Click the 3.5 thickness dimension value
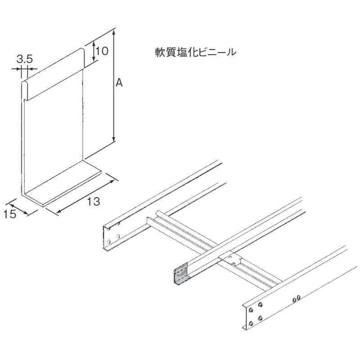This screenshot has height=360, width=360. [24, 58]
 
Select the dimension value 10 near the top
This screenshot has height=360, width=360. [102, 51]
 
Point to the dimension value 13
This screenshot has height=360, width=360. [93, 202]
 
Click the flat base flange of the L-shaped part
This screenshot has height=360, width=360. [63, 185]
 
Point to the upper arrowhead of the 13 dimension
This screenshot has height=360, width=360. [110, 181]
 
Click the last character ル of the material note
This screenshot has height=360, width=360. [231, 52]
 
